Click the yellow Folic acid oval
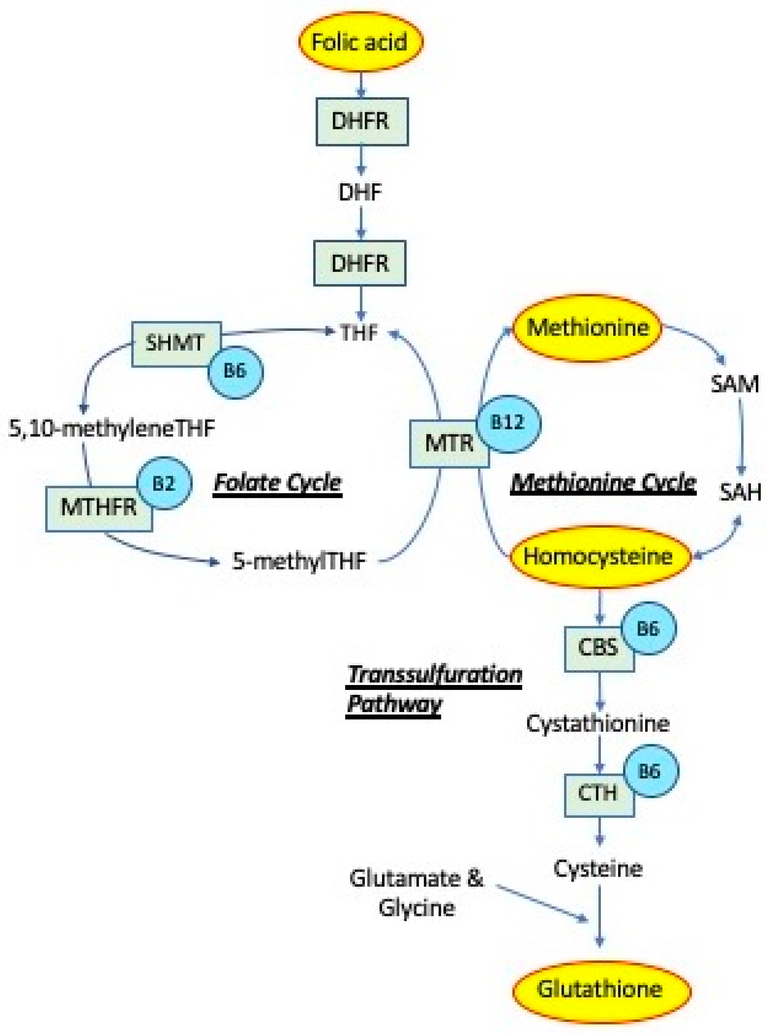point(361,41)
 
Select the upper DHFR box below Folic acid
point(362,121)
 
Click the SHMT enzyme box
point(172,343)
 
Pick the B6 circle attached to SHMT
point(235,372)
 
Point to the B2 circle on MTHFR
point(164,483)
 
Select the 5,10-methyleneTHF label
point(112,429)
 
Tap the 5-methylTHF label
point(300,561)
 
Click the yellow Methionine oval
point(588,328)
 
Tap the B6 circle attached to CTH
point(650,772)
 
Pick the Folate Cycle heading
point(278,483)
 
